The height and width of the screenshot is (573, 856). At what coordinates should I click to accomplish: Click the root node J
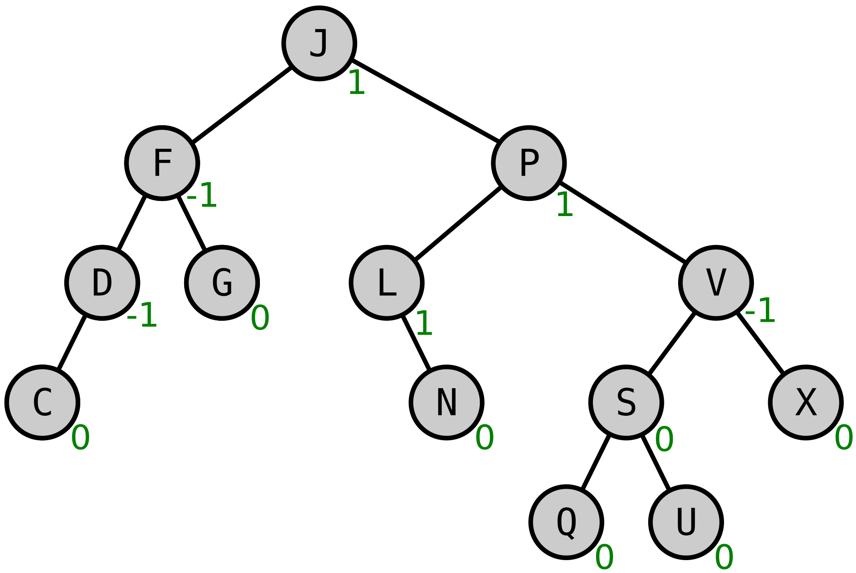click(x=319, y=44)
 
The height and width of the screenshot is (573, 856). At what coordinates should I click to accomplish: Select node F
click(x=162, y=163)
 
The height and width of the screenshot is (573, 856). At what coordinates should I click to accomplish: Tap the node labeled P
click(x=529, y=163)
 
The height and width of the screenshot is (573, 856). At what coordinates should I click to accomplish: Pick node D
click(x=102, y=282)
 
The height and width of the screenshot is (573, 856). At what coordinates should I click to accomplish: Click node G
click(x=222, y=282)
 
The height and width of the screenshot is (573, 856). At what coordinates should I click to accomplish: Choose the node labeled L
click(x=387, y=282)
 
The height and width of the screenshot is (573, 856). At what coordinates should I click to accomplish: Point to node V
click(x=716, y=282)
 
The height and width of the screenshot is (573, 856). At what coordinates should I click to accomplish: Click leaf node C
click(x=42, y=402)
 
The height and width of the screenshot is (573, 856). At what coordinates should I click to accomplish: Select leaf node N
click(x=446, y=402)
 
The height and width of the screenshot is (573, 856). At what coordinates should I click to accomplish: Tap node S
click(x=626, y=402)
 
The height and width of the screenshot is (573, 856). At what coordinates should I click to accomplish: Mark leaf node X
click(x=806, y=402)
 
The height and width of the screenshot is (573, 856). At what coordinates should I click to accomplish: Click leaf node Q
click(x=566, y=522)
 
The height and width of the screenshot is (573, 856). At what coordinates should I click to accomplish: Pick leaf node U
click(x=686, y=522)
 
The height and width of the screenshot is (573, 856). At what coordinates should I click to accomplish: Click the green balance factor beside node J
click(x=357, y=82)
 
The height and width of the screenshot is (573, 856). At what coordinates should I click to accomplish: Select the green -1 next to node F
click(x=202, y=195)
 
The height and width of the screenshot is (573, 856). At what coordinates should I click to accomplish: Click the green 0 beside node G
click(x=260, y=318)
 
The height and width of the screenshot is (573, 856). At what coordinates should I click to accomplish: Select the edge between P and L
click(x=457, y=223)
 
